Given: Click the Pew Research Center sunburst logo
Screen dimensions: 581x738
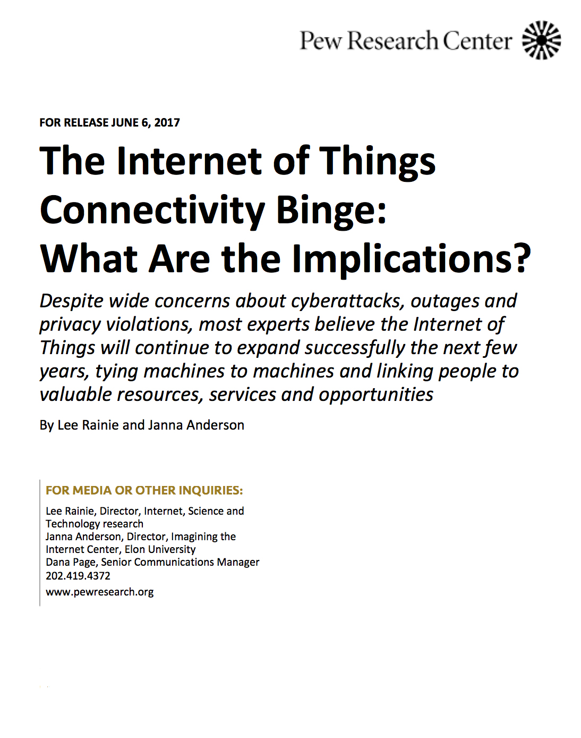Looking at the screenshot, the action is [x=541, y=40].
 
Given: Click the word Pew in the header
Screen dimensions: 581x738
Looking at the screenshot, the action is [x=321, y=40].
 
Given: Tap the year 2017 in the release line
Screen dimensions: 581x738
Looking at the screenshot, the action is [x=167, y=122].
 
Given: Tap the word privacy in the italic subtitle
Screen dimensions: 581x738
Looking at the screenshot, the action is [x=70, y=325].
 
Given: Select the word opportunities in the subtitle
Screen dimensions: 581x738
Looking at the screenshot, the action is [x=376, y=395].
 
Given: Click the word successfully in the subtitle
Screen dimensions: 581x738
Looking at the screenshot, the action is [x=355, y=348].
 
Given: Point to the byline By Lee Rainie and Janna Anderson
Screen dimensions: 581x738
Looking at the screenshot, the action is [x=142, y=425].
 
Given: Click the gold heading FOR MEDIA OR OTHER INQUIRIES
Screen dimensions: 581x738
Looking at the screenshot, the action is [x=144, y=490].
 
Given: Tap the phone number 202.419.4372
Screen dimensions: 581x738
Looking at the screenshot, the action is [x=78, y=576].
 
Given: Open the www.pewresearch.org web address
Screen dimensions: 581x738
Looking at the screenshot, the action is [x=100, y=592].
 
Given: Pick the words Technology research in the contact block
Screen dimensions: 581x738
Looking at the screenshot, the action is [x=95, y=524].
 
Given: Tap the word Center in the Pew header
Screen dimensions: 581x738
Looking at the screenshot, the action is [x=477, y=40].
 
